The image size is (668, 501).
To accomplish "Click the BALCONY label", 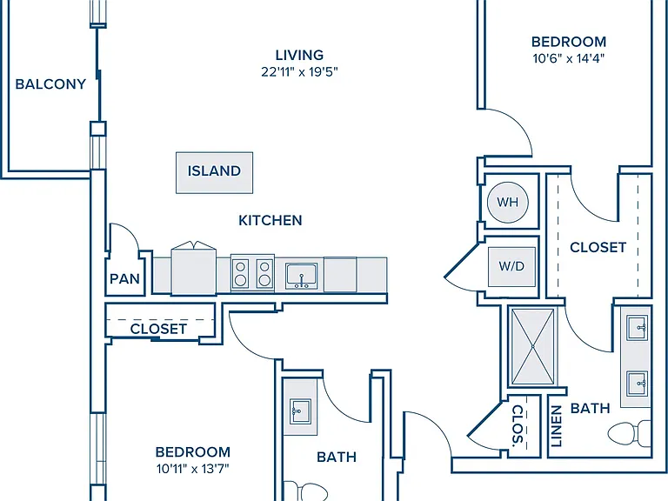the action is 50,83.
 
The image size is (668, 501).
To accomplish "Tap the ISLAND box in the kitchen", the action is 214,172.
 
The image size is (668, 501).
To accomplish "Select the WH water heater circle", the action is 507,202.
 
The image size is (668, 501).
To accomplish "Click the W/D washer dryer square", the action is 511,267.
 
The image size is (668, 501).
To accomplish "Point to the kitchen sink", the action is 302,276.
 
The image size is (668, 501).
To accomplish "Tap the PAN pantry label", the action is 124,279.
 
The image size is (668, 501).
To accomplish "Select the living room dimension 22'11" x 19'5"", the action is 299,72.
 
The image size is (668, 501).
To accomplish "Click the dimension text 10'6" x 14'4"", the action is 569,58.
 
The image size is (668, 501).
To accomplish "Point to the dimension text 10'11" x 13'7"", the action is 193,469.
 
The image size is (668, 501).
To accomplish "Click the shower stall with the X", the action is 533,346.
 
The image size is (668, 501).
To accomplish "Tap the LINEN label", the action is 556,426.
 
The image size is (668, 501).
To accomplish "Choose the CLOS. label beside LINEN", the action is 518,424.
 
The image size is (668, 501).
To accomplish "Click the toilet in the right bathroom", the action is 629,433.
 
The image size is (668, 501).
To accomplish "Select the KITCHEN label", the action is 271,220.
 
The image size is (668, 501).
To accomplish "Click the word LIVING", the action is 299,55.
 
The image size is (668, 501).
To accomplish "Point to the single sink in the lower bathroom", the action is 300,411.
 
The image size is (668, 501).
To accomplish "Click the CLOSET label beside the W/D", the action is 598,247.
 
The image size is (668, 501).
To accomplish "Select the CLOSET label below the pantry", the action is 158,329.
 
